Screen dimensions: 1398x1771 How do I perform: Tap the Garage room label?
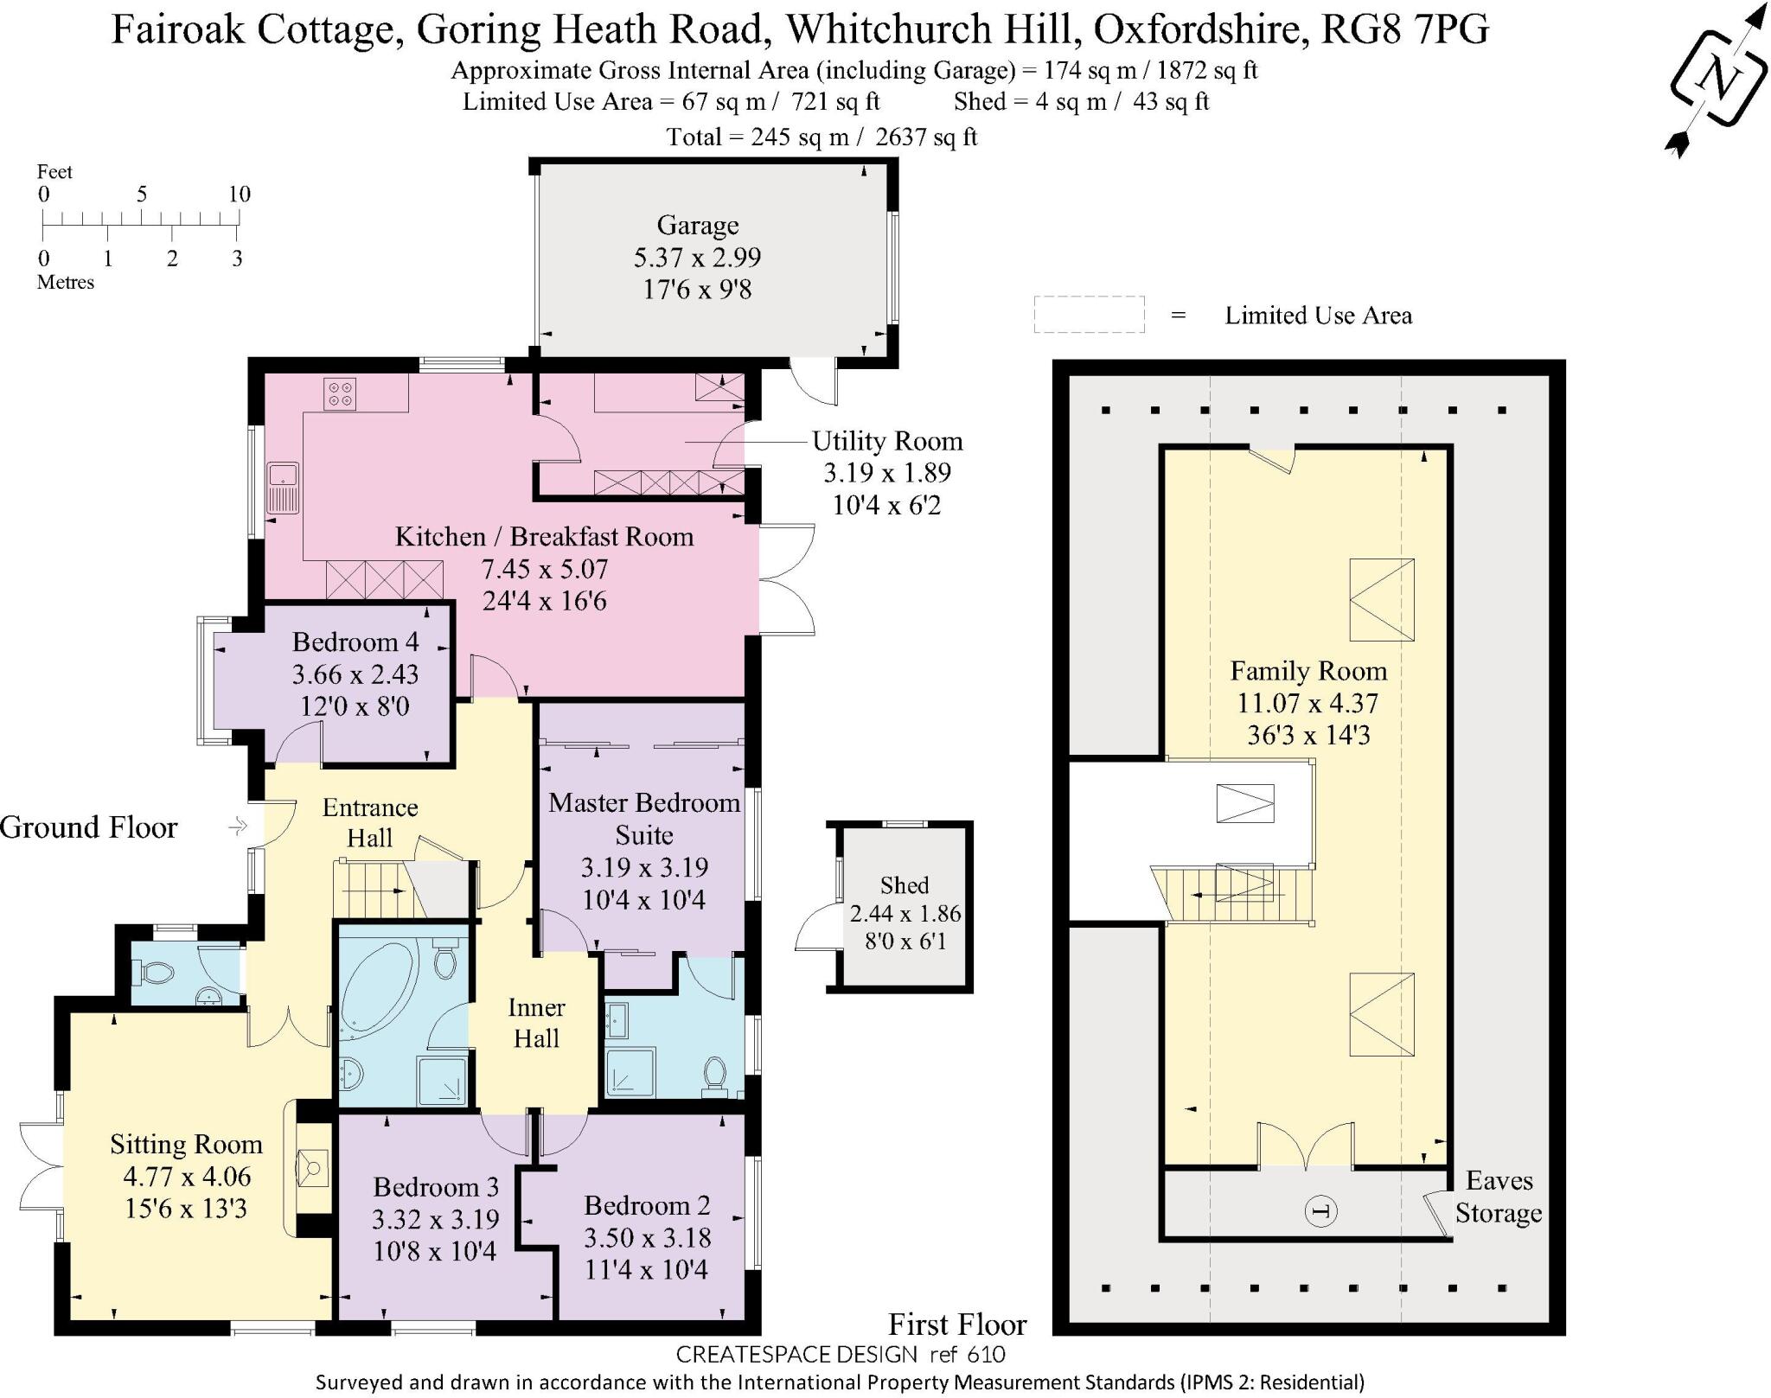tap(697, 226)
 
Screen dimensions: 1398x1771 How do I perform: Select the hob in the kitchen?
tap(340, 393)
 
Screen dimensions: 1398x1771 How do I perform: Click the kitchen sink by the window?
tap(282, 488)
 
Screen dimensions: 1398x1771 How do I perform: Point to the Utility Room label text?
tap(886, 442)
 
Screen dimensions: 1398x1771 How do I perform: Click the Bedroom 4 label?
tap(355, 642)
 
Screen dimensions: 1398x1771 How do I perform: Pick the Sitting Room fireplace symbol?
tap(311, 1169)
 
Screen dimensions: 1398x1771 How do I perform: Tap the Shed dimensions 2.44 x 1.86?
tap(905, 914)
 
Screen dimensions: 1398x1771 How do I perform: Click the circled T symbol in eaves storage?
tap(1320, 1211)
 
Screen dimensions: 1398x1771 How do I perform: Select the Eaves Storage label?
tap(1498, 1197)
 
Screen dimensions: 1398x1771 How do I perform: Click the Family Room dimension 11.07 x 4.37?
tap(1307, 703)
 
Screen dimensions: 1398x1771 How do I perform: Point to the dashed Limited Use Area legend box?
tap(1089, 315)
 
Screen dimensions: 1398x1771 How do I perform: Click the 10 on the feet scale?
tap(240, 195)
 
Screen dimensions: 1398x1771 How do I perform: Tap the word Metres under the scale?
tap(66, 283)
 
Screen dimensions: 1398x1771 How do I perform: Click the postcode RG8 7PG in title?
tap(1405, 30)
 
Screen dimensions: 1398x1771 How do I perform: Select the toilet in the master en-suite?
tap(715, 1073)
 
